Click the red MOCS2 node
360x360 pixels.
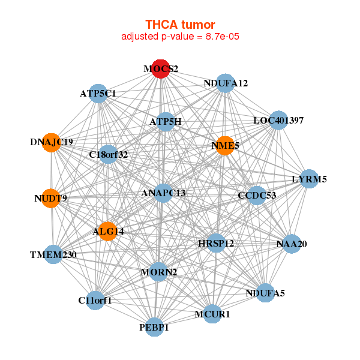pyautogui.click(x=160, y=68)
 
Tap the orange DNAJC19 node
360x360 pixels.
pyautogui.click(x=52, y=143)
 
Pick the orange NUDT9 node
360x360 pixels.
pyautogui.click(x=51, y=198)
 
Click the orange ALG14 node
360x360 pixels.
pyautogui.click(x=107, y=232)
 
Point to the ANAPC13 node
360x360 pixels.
pyautogui.click(x=163, y=193)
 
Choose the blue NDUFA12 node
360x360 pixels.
pyautogui.click(x=225, y=83)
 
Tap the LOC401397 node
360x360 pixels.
pyautogui.click(x=278, y=121)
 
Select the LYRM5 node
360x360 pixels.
pyautogui.click(x=308, y=179)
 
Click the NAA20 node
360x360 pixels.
pyautogui.click(x=292, y=244)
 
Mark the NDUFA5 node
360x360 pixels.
pyautogui.click(x=266, y=293)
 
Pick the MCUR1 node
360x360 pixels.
pyautogui.click(x=212, y=313)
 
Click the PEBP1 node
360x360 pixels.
pyautogui.click(x=155, y=327)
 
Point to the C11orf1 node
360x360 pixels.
pyautogui.click(x=95, y=300)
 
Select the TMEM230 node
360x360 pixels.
pyautogui.click(x=53, y=255)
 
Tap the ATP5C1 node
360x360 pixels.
pyautogui.click(x=98, y=94)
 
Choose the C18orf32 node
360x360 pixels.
pyautogui.click(x=109, y=155)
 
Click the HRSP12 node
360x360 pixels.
pyautogui.click(x=216, y=243)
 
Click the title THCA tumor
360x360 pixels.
pyautogui.click(x=180, y=25)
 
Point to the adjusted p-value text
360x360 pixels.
pyautogui.click(x=181, y=37)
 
